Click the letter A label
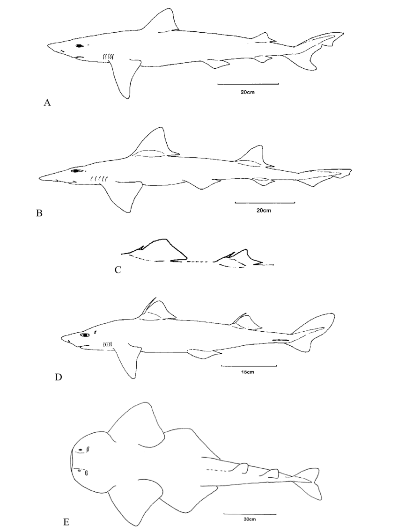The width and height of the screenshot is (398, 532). (x=47, y=103)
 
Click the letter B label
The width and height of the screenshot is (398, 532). (x=39, y=213)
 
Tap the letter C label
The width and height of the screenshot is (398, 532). (x=118, y=269)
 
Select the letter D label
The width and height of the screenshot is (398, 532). (x=59, y=377)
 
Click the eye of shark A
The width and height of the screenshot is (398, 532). (x=79, y=46)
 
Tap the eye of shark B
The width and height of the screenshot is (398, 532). (x=74, y=171)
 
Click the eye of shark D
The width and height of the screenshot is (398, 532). (x=84, y=335)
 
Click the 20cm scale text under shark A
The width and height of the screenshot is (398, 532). (x=248, y=92)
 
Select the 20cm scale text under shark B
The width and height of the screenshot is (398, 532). (x=265, y=211)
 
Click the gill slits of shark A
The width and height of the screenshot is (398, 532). (x=109, y=57)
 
